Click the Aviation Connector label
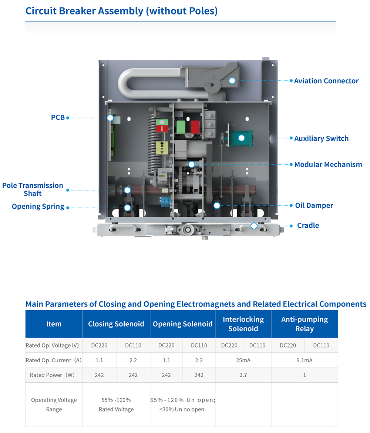point(326,81)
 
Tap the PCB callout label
point(58,117)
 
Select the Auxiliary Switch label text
point(321,138)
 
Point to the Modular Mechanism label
point(328,164)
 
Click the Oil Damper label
point(314,205)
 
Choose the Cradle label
point(308,225)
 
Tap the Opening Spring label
point(38,207)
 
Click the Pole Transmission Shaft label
point(33,189)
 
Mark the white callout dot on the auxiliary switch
point(241,138)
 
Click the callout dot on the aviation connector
point(232,81)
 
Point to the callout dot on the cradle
point(254,225)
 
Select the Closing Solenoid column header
point(116,324)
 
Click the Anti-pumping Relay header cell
point(304,324)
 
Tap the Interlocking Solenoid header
point(243,324)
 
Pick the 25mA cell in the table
point(243,360)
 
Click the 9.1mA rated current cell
point(304,360)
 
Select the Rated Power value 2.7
point(243,375)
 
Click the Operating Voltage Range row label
point(54,405)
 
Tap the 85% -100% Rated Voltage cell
point(116,405)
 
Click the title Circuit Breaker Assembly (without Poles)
point(121,11)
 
